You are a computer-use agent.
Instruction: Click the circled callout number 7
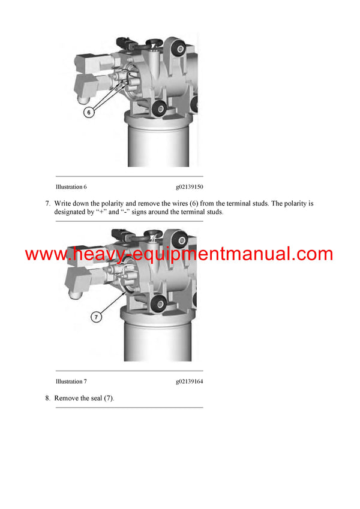coord(96,317)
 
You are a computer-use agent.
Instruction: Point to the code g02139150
coord(189,187)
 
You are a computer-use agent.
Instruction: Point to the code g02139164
coord(189,381)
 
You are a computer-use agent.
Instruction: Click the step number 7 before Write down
coord(47,203)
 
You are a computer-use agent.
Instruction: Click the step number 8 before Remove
coord(47,398)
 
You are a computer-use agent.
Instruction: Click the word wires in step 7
coord(177,203)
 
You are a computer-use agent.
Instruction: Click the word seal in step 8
coord(98,398)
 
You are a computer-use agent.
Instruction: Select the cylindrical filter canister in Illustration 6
coord(157,144)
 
